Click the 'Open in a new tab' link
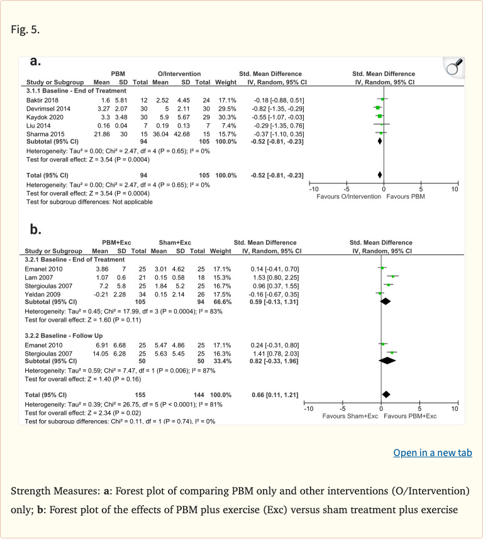[432, 453]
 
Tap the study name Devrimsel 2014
[48, 108]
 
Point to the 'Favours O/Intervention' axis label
[348, 196]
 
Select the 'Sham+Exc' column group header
[176, 242]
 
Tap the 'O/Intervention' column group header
[180, 73]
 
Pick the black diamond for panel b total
[386, 394]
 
